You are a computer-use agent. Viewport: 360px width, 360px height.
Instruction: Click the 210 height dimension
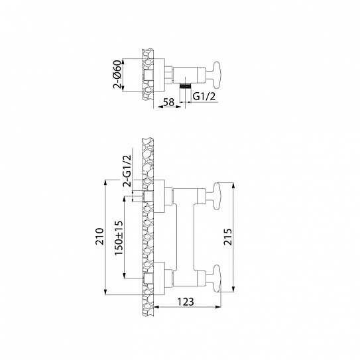(99, 237)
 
